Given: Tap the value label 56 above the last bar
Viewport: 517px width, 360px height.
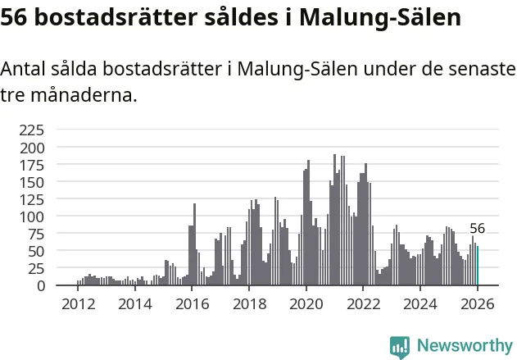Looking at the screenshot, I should [x=477, y=229].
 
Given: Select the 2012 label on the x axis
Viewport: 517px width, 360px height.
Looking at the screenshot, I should [x=78, y=303].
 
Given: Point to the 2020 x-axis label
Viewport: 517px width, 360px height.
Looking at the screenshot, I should [x=306, y=303].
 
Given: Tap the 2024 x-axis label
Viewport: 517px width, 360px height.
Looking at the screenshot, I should [x=419, y=303].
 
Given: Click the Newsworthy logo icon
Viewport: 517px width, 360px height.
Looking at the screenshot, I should [x=400, y=346].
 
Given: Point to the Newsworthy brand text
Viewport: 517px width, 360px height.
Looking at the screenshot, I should [x=464, y=346].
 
